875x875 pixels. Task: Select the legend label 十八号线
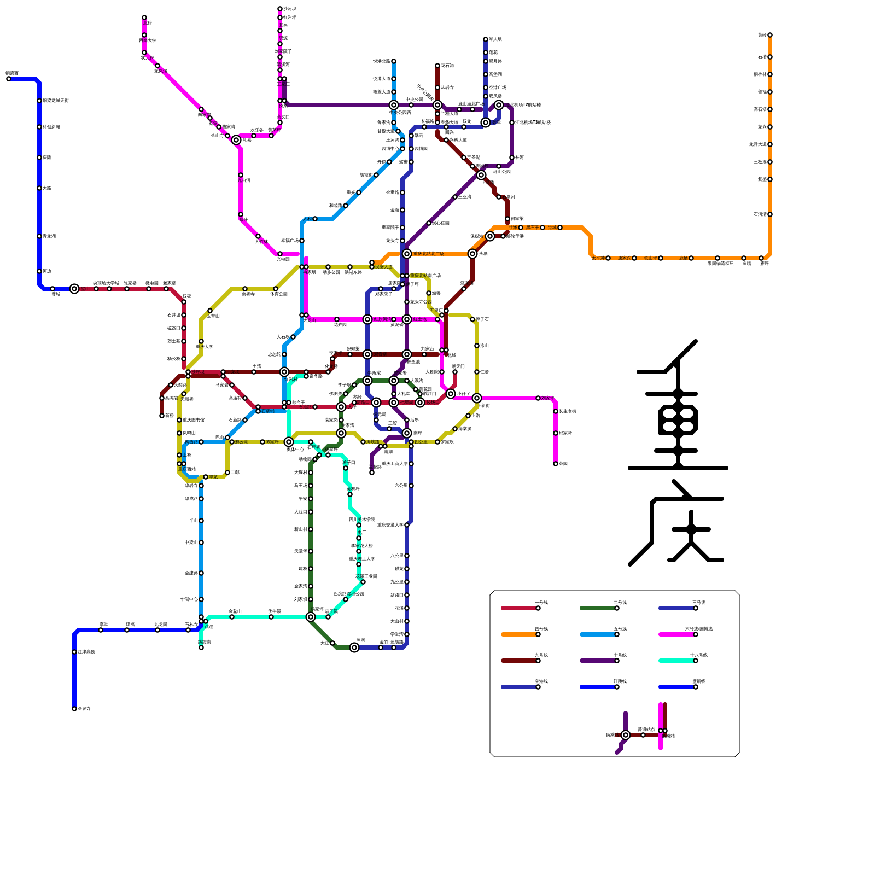click(698, 655)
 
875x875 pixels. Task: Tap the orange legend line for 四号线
click(520, 634)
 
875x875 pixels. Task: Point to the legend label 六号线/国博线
click(698, 629)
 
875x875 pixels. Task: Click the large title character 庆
click(678, 525)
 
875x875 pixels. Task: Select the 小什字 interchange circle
click(451, 394)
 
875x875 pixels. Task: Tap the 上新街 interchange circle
click(477, 398)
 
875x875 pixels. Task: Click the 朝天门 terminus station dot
click(455, 372)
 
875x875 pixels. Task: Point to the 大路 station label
click(47, 188)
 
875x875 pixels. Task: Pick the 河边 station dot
click(39, 271)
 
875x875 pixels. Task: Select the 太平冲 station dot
click(608, 258)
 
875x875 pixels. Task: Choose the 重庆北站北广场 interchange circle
click(407, 254)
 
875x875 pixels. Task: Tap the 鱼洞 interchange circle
click(354, 647)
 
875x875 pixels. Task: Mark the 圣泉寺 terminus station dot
click(74, 709)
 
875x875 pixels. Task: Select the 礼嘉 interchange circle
click(236, 140)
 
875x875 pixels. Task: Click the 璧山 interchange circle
click(74, 289)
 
